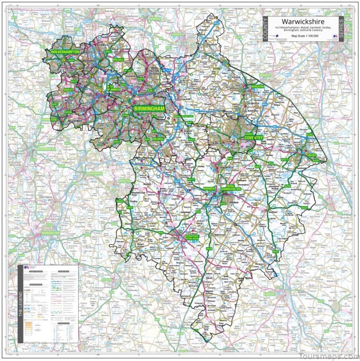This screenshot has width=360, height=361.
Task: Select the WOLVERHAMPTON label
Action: click(x=65, y=53)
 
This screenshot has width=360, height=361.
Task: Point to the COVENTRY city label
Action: click(x=253, y=137)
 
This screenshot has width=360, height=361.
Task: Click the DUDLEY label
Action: click(x=68, y=90)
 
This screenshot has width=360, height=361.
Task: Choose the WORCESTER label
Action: click(x=50, y=233)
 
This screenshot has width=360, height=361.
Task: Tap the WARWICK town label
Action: click(x=210, y=189)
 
